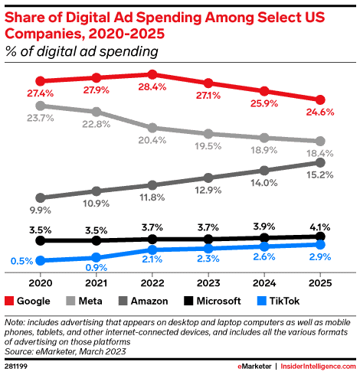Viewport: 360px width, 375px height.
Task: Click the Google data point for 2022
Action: click(152, 74)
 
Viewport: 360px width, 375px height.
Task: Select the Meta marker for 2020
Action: click(41, 106)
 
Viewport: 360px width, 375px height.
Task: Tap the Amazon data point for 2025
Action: click(320, 162)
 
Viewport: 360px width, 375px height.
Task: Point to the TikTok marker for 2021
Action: click(97, 257)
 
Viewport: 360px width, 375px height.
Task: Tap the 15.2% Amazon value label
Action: click(320, 176)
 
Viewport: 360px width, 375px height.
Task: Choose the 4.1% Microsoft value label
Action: click(320, 227)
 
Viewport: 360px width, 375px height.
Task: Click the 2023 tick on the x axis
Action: click(208, 281)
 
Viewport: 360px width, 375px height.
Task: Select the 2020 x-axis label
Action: click(41, 281)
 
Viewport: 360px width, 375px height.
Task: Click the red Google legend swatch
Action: click(11, 301)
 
